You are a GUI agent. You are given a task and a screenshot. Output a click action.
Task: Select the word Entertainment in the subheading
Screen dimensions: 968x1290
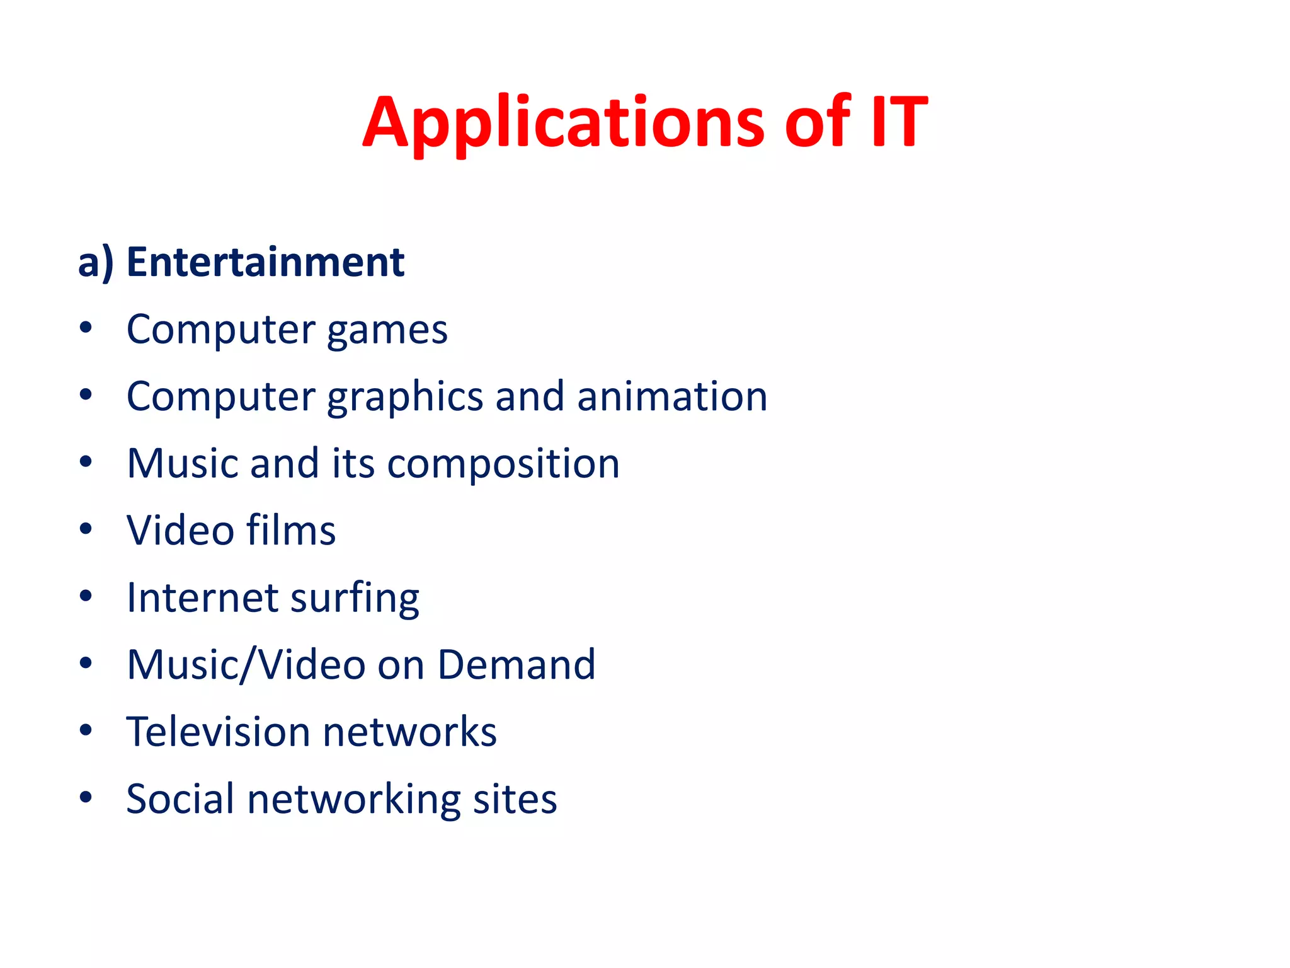pos(265,262)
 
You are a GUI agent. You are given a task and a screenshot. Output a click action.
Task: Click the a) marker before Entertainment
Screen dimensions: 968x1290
pos(96,263)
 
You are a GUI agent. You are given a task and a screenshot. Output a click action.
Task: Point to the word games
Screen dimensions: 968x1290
pos(387,330)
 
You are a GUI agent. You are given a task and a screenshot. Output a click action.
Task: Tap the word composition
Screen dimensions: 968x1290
pos(503,464)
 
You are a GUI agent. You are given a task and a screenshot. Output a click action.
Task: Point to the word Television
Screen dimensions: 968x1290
pos(218,732)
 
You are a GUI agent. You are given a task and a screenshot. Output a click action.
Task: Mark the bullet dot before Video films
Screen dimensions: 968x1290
pos(86,529)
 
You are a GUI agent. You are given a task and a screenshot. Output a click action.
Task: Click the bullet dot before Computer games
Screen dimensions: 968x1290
pos(86,328)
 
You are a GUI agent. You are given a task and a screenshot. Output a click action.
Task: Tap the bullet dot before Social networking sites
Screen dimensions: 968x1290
pos(86,798)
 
